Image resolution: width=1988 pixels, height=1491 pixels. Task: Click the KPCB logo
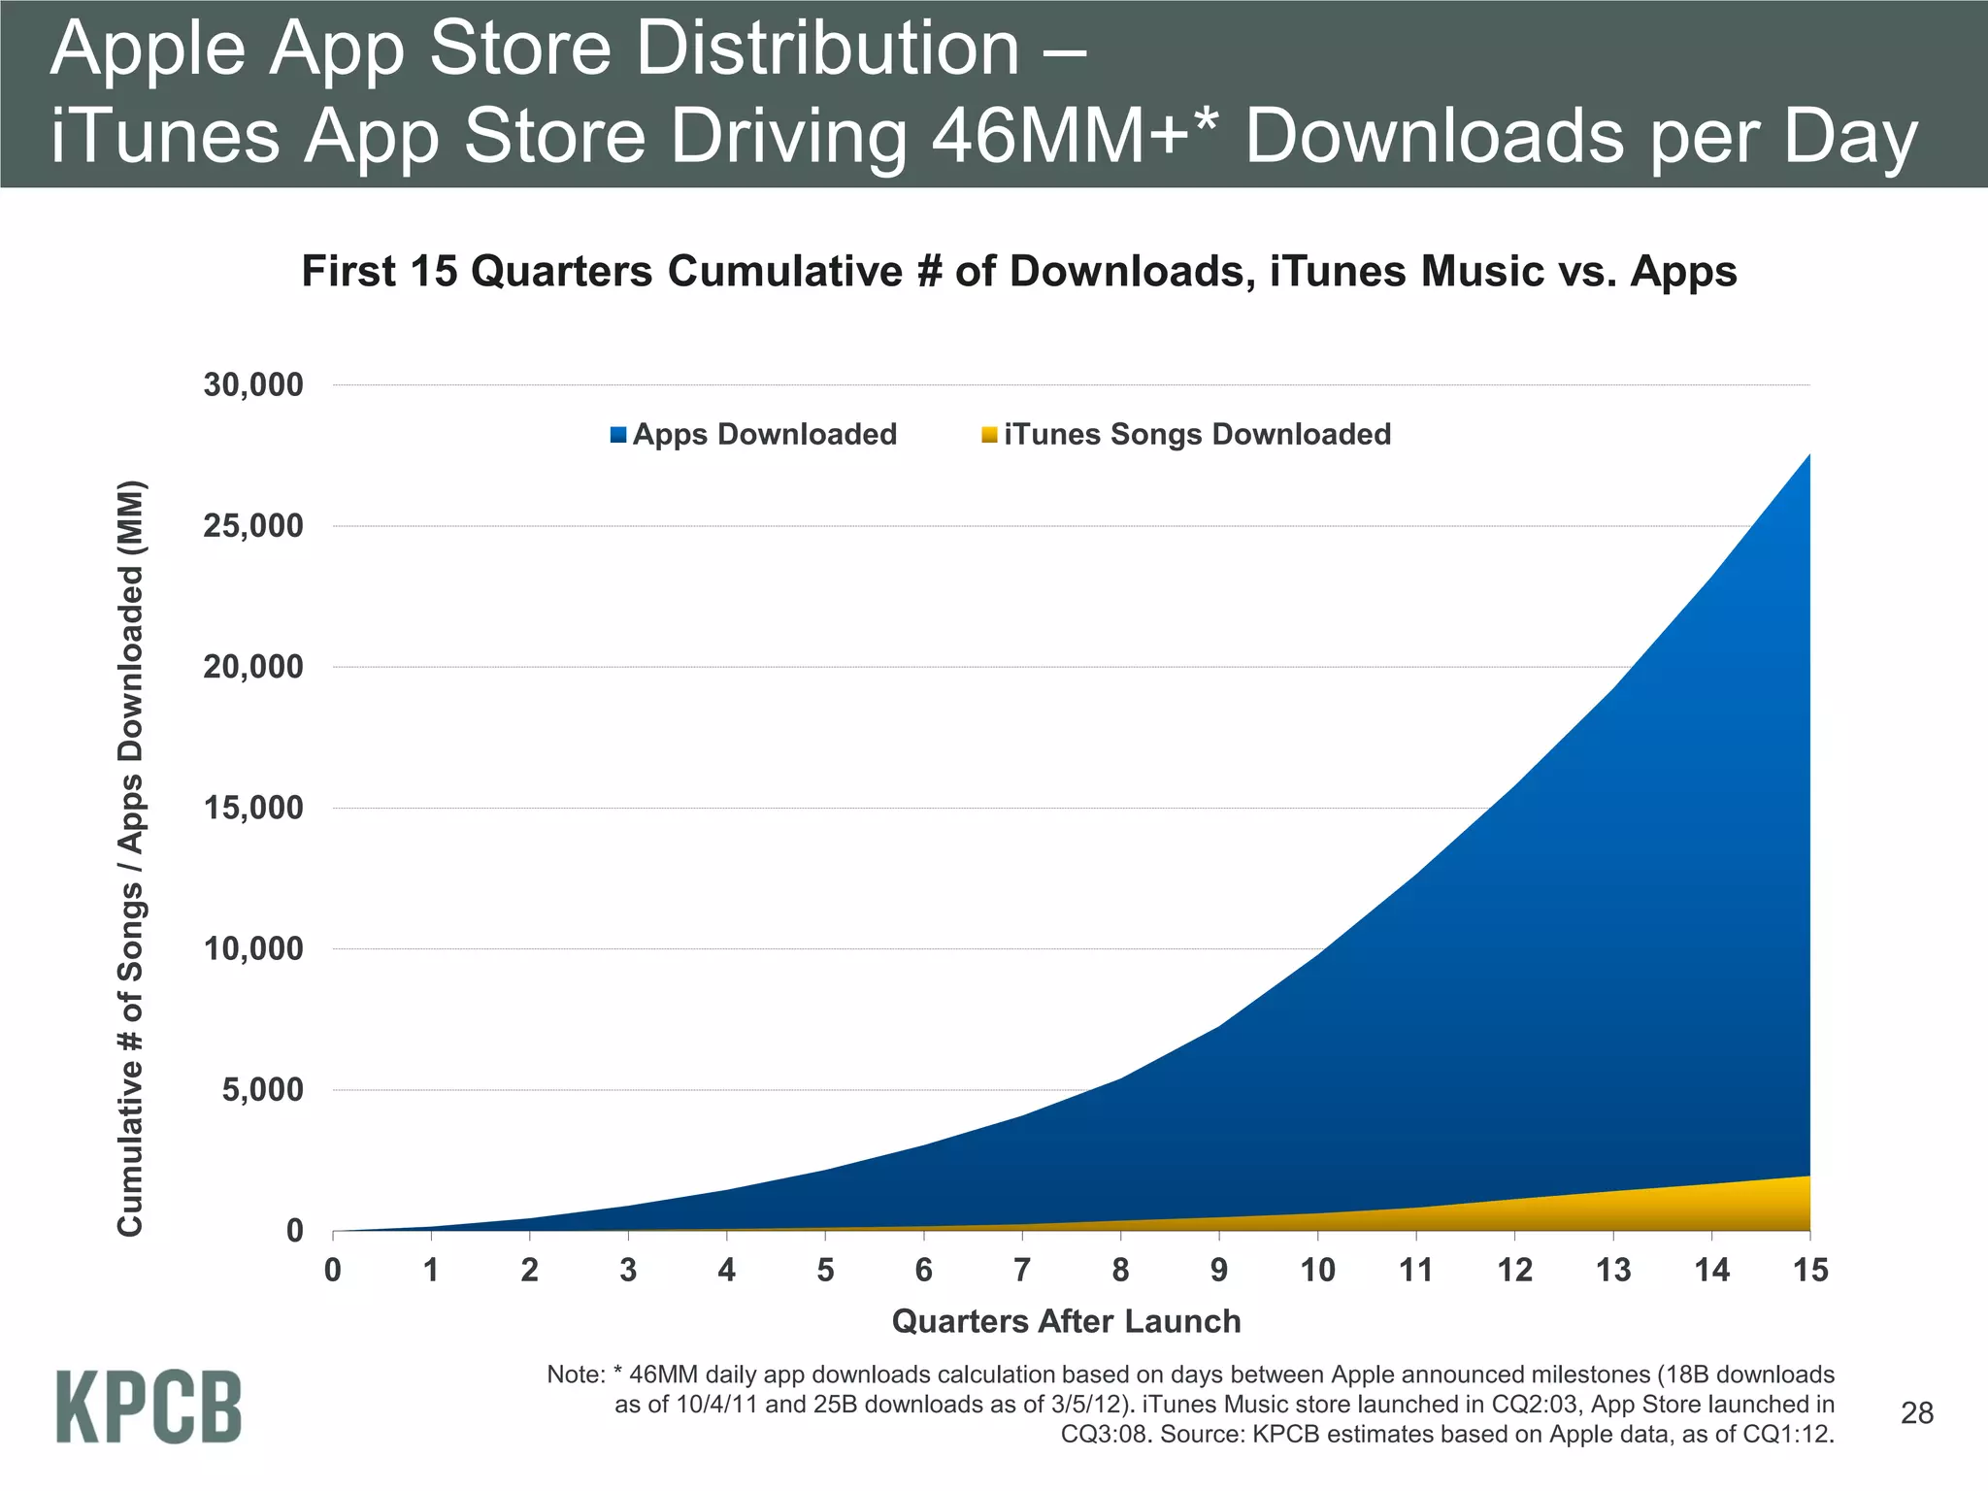coord(149,1407)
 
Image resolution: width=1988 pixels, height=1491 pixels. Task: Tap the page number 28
coord(1917,1413)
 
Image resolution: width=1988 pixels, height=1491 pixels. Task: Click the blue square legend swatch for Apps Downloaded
coord(618,435)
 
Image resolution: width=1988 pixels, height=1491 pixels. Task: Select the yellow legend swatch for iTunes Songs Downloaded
coord(989,435)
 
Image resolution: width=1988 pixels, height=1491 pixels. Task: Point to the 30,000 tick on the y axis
coord(253,385)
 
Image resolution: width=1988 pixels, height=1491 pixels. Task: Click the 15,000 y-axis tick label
coord(253,808)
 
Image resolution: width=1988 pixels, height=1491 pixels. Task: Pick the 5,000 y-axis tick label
coord(262,1090)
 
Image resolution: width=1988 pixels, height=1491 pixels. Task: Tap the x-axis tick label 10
coord(1317,1270)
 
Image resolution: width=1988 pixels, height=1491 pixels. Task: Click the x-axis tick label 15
coord(1809,1270)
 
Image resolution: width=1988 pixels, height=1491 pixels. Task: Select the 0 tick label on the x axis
coord(333,1270)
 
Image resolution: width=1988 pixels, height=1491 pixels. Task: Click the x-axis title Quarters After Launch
coord(1066,1321)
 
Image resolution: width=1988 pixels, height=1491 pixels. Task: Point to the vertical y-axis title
coord(131,858)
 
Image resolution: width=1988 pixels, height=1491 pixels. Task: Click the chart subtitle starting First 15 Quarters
coord(1018,271)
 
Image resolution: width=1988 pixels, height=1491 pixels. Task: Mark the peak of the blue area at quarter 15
coord(1807,456)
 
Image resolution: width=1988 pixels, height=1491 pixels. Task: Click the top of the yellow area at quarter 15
coord(1807,1177)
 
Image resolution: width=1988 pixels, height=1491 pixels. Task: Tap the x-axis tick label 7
coord(1021,1270)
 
